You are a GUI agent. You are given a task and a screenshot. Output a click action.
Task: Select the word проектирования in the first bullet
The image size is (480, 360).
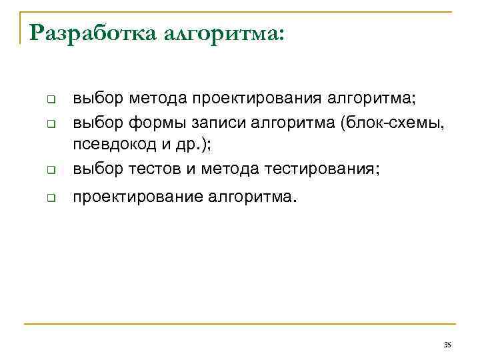click(257, 100)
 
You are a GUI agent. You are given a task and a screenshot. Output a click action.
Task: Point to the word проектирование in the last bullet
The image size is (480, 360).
click(138, 197)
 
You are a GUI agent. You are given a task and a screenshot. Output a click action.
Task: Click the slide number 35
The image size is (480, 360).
click(447, 344)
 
